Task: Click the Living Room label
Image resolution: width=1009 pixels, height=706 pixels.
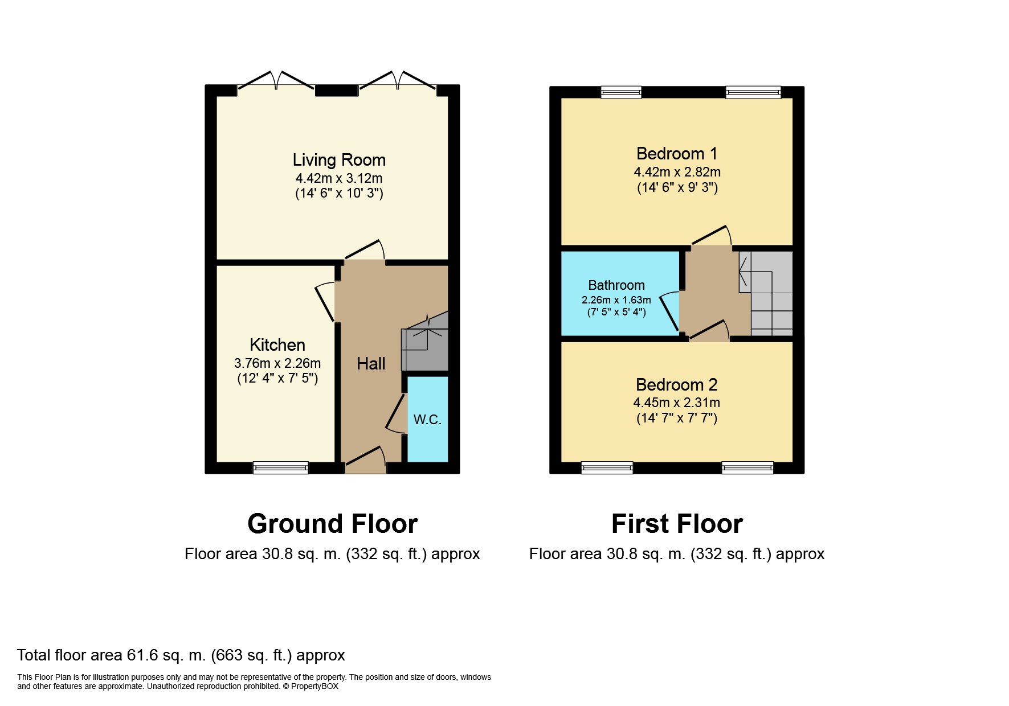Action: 339,160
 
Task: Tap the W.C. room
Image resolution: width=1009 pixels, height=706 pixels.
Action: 427,419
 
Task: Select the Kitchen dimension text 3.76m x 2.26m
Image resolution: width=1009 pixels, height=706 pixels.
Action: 277,363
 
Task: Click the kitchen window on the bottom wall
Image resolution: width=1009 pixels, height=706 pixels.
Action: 281,467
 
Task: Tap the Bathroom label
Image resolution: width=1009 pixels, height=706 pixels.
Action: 616,285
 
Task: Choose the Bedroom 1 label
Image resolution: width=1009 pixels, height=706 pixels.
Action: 677,154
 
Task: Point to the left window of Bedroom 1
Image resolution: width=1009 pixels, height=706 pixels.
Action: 621,92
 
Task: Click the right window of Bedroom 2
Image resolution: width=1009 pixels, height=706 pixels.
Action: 747,467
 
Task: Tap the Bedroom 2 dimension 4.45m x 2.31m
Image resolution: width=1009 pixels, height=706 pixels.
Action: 677,403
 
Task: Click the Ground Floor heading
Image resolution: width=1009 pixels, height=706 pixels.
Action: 333,524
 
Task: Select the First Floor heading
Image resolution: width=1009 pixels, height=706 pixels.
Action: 677,524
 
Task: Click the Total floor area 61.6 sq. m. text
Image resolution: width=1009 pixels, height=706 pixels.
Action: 181,655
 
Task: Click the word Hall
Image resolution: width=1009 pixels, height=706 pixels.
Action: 371,364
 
